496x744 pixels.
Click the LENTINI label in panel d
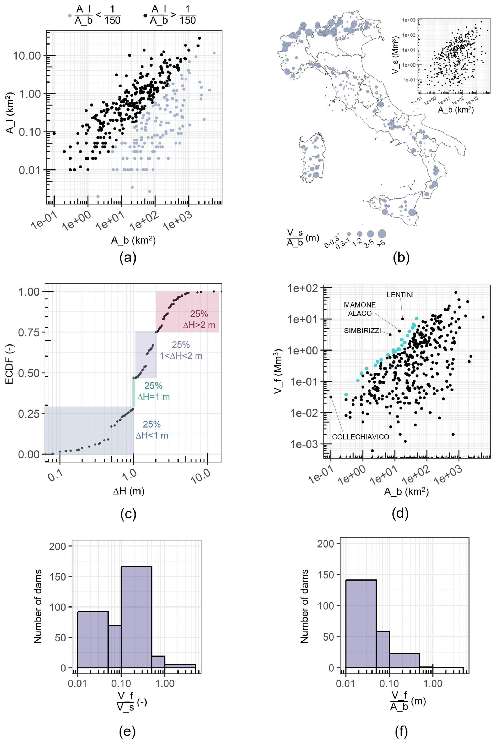tap(400, 295)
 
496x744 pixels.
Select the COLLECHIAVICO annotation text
tap(360, 437)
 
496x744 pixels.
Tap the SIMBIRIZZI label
tap(362, 331)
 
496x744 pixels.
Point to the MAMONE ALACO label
tap(360, 309)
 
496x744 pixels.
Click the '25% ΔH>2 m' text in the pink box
tap(199, 320)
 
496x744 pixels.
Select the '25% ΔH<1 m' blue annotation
tap(152, 430)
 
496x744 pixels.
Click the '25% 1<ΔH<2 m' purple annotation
tap(181, 350)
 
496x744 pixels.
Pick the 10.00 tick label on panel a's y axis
tap(27, 56)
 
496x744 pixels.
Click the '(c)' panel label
tap(128, 515)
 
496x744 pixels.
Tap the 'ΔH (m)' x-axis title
tap(128, 491)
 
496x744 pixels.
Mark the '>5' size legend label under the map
tap(381, 243)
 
